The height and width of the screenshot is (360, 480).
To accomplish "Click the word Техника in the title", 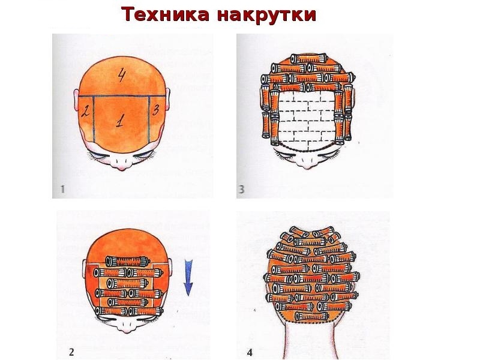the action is click(166, 14).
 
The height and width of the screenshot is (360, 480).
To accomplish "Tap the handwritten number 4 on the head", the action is click(122, 76).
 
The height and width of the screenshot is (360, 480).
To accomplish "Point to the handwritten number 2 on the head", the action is click(85, 110).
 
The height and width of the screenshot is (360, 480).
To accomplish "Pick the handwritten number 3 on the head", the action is click(156, 110).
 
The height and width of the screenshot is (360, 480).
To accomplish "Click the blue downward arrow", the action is click(188, 277).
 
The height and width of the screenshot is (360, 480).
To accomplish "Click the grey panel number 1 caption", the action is click(62, 189).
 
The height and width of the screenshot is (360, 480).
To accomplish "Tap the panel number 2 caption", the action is click(71, 352).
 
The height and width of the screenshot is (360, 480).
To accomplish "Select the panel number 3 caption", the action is click(242, 189).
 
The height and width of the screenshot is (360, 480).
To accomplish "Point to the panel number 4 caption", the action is click(250, 353).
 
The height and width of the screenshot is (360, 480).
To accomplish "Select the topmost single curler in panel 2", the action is click(127, 262).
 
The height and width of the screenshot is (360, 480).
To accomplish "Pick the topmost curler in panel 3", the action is click(308, 58).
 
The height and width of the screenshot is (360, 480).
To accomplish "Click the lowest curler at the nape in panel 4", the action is click(311, 316).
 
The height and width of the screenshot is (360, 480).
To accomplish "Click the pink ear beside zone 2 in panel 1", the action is click(76, 100).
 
